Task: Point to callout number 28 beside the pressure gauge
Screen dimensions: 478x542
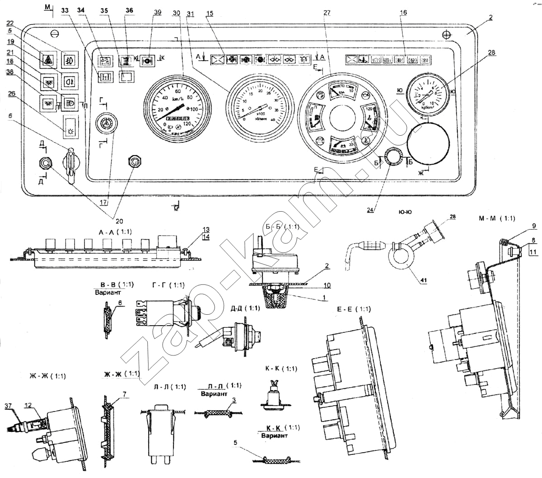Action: pyautogui.click(x=491, y=53)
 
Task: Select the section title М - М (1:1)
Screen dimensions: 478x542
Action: pyautogui.click(x=497, y=219)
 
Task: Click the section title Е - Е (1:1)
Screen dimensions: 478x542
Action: pyautogui.click(x=354, y=309)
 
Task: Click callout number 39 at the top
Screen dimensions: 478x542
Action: pyautogui.click(x=157, y=12)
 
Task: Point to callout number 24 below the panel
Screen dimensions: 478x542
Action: pyautogui.click(x=371, y=210)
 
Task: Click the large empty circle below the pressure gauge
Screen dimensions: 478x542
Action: pyautogui.click(x=429, y=144)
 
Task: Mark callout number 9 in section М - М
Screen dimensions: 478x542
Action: pyautogui.click(x=533, y=226)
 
